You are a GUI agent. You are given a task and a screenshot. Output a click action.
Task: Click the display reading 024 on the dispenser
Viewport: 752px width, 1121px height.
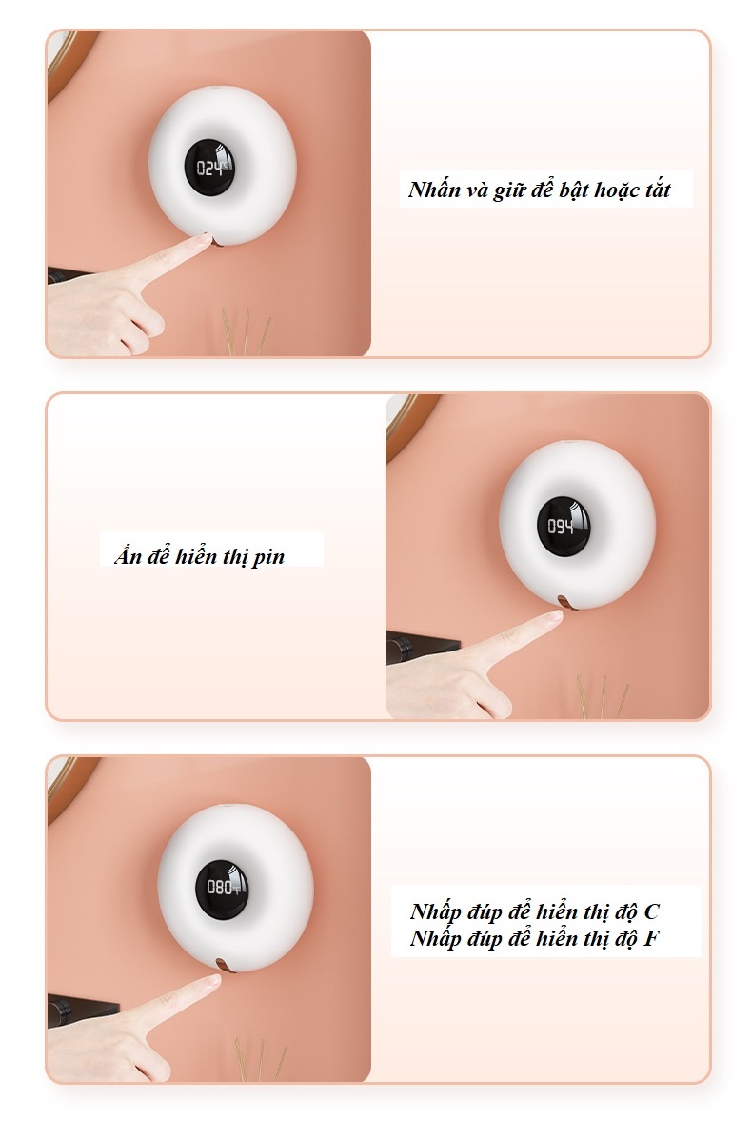coord(212,168)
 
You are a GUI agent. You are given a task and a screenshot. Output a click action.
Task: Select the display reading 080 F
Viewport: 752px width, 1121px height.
coord(223,888)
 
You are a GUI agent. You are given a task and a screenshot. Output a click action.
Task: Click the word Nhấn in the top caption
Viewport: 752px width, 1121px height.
coord(434,190)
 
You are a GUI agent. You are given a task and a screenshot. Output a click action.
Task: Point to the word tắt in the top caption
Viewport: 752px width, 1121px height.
coord(656,190)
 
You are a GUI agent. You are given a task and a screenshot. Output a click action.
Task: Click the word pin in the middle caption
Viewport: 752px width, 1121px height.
coord(268,557)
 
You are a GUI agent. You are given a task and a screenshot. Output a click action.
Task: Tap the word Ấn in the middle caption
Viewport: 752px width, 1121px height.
coord(128,554)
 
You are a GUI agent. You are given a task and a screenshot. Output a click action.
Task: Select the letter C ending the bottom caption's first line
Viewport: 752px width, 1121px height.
coord(650,911)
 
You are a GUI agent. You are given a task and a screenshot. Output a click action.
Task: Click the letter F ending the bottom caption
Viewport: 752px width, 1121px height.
coord(650,938)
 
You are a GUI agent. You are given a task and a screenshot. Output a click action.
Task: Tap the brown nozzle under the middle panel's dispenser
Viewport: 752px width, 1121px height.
coord(567,604)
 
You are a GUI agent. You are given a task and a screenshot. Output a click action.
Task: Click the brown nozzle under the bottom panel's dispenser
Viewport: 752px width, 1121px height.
coord(226,966)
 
